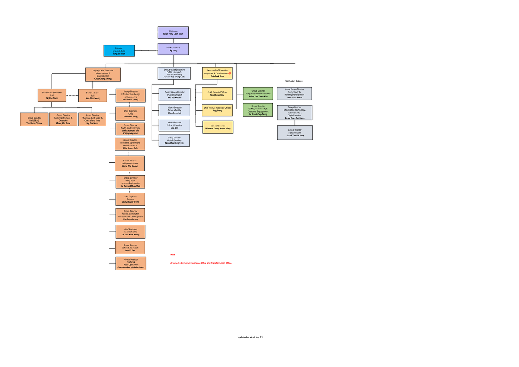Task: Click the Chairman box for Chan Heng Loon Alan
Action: pyautogui.click(x=173, y=32)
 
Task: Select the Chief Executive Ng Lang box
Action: pyautogui.click(x=173, y=49)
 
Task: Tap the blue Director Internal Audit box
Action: pyautogui.click(x=119, y=51)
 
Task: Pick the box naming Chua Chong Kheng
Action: pyautogui.click(x=103, y=74)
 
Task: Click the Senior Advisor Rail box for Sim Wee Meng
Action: pyautogui.click(x=93, y=95)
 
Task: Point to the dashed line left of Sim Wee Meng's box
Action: pyautogui.click(x=72, y=95)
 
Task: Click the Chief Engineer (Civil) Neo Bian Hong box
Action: pyautogui.click(x=130, y=113)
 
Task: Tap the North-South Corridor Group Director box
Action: pyautogui.click(x=130, y=129)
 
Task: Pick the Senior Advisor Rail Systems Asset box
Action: pyautogui.click(x=130, y=163)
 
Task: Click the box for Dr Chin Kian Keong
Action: pyautogui.click(x=130, y=232)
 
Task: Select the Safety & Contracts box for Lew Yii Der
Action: pyautogui.click(x=130, y=248)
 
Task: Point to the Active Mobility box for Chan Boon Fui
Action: pyautogui.click(x=174, y=110)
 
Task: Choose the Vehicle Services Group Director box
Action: pyautogui.click(x=174, y=140)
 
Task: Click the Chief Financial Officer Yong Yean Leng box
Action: pyautogui.click(x=218, y=93)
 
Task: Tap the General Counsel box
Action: pyautogui.click(x=218, y=127)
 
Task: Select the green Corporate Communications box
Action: pyautogui.click(x=258, y=93)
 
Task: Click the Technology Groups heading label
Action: pyautogui.click(x=294, y=81)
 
